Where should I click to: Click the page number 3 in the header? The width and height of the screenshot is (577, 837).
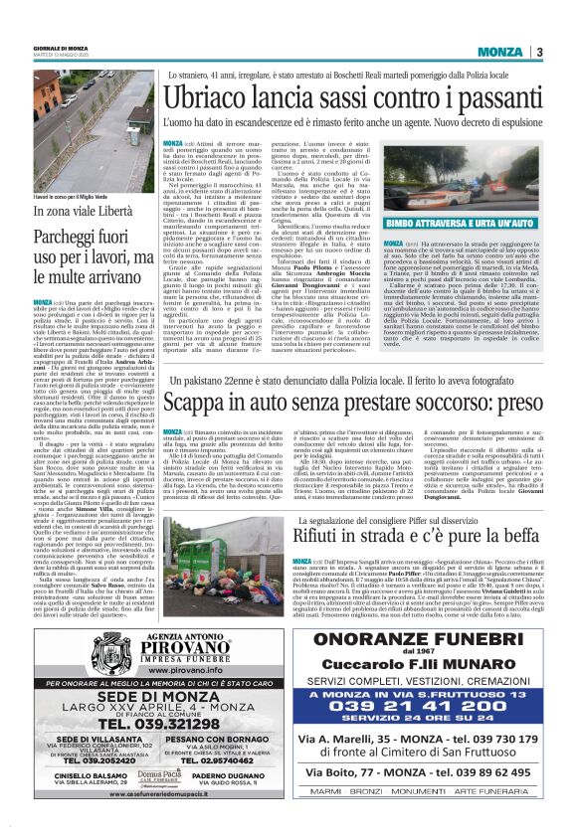click(538, 52)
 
